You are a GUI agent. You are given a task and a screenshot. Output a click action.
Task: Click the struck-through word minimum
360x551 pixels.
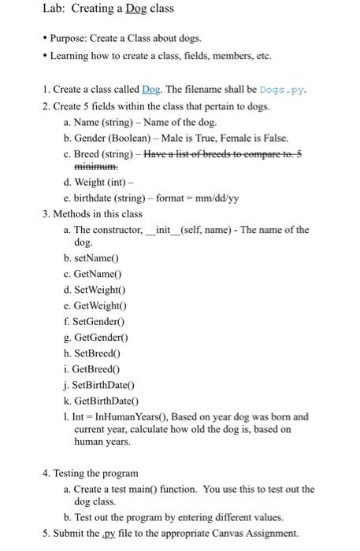(x=95, y=167)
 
